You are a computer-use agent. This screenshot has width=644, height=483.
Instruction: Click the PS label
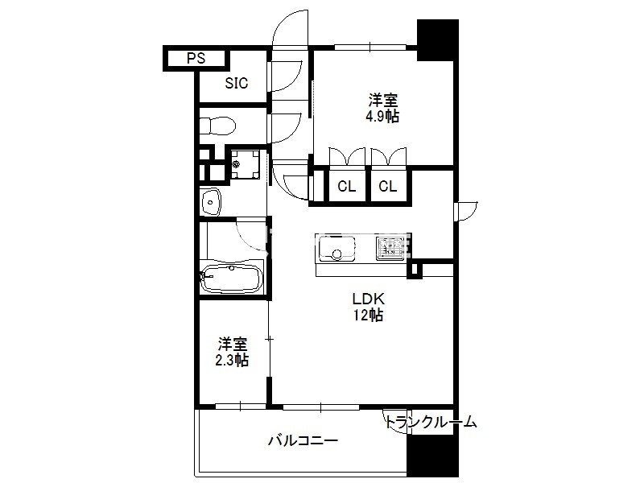196,58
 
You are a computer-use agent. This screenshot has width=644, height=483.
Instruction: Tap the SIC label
236,83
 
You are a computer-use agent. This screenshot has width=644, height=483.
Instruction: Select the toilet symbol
217,125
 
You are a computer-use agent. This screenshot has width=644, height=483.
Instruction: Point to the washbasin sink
211,201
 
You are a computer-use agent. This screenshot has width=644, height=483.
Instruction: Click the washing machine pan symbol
246,165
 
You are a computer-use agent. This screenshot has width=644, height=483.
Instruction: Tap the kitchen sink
336,248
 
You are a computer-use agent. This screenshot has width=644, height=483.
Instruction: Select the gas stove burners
389,248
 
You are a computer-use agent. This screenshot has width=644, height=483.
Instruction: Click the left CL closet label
346,187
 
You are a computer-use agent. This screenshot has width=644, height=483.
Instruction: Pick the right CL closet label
388,187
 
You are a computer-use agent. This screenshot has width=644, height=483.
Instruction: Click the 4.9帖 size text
382,117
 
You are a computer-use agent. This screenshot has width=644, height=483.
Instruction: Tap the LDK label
368,299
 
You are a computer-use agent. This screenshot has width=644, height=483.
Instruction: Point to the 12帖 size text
368,315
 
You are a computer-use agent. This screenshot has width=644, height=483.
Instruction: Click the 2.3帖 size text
232,360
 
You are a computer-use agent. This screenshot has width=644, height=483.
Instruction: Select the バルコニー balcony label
303,440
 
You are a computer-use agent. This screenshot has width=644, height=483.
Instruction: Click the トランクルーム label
431,422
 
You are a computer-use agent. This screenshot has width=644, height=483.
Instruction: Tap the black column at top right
437,40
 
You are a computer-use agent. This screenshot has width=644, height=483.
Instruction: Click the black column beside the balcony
432,455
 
